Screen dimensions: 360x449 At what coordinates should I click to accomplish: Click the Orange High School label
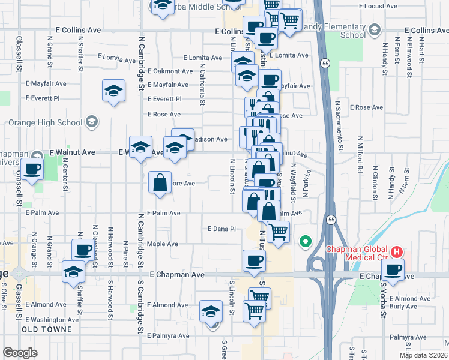pyautogui.click(x=45, y=122)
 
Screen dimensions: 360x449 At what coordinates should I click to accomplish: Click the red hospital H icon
pyautogui.click(x=396, y=253)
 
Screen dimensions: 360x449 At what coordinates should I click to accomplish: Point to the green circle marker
pyautogui.click(x=305, y=242)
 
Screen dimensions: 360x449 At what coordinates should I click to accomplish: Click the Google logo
pyautogui.click(x=20, y=352)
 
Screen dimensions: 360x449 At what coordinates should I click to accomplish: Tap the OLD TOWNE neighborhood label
pyautogui.click(x=47, y=329)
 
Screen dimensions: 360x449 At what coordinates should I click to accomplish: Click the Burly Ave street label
pyautogui.click(x=403, y=306)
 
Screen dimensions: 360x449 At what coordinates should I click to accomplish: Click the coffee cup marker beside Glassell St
pyautogui.click(x=32, y=169)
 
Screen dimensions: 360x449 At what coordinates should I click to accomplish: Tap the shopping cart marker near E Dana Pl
pyautogui.click(x=278, y=231)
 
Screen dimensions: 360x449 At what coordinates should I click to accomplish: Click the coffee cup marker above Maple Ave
pyautogui.click(x=83, y=250)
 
